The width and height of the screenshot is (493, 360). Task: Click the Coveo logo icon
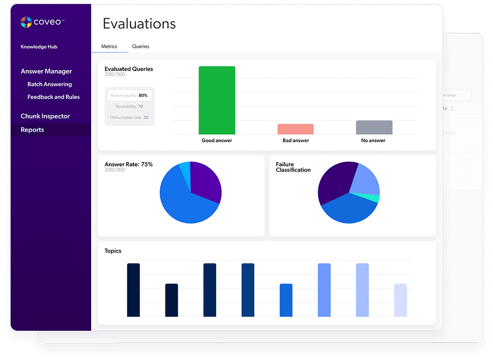tap(26, 22)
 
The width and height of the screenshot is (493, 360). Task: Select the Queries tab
tap(140, 46)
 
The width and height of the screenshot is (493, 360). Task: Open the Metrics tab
tap(109, 46)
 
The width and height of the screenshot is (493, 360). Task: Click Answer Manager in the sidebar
tap(46, 71)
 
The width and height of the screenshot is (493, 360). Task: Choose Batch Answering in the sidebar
tap(49, 84)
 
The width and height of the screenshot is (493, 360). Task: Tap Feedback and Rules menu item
tap(53, 97)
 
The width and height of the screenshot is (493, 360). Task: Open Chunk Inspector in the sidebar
tap(45, 116)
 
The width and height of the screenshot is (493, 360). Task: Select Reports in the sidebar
tap(32, 130)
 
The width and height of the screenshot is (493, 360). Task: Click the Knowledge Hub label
tap(39, 47)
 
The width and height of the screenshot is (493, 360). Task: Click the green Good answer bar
tap(217, 100)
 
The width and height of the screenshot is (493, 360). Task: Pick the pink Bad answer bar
tap(295, 129)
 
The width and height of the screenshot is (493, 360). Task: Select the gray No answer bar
tap(374, 127)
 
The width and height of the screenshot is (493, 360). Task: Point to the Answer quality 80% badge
tap(129, 95)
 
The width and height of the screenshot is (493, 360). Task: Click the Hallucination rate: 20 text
tap(129, 117)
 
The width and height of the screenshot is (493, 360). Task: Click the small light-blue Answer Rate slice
tap(185, 168)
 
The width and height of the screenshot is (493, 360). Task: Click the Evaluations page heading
tap(139, 24)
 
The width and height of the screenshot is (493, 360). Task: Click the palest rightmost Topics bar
tap(400, 300)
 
